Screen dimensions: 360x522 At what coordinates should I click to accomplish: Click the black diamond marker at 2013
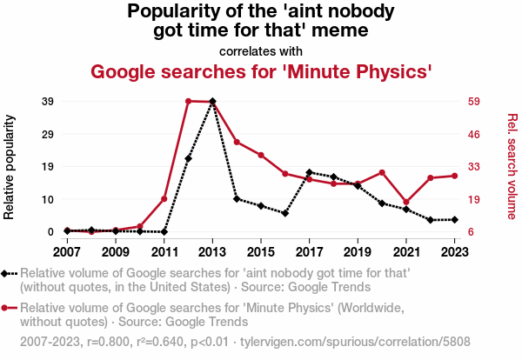(212, 102)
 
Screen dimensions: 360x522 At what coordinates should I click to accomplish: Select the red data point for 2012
(188, 101)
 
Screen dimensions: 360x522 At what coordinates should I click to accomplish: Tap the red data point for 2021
(406, 202)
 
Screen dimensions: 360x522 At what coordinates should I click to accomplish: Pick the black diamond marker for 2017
(309, 172)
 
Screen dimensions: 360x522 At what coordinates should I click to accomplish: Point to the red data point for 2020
(382, 172)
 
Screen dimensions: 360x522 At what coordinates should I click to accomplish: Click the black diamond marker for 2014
(237, 199)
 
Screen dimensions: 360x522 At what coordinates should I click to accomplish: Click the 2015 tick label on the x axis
(261, 252)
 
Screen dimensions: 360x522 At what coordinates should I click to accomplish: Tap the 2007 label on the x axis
(67, 252)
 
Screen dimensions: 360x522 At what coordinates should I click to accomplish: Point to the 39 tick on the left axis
(48, 101)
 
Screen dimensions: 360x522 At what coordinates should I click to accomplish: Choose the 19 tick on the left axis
(48, 166)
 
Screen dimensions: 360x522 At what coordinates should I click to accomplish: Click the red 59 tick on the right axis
(474, 101)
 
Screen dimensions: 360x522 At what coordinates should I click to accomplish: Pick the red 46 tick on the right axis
(474, 134)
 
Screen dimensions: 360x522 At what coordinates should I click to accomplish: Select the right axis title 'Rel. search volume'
(512, 166)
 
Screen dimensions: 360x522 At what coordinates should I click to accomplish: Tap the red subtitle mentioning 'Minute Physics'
(261, 70)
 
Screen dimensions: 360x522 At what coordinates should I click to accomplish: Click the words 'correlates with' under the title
(261, 50)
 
